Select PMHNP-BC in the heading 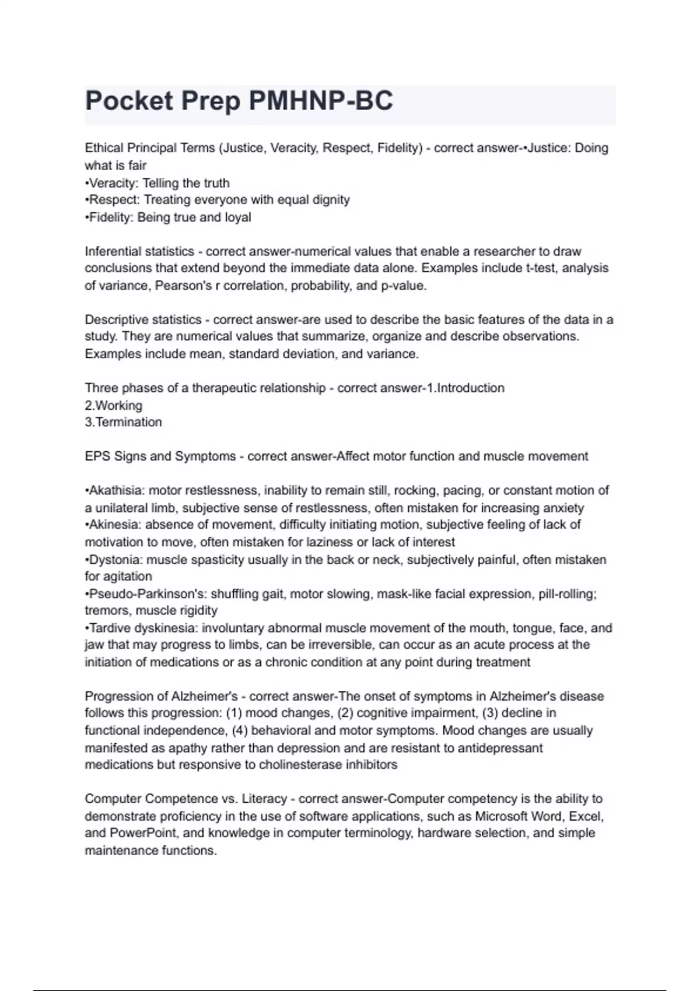point(321,101)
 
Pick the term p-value point(403,286)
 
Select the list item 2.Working point(114,405)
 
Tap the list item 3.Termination point(123,422)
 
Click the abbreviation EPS point(97,456)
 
